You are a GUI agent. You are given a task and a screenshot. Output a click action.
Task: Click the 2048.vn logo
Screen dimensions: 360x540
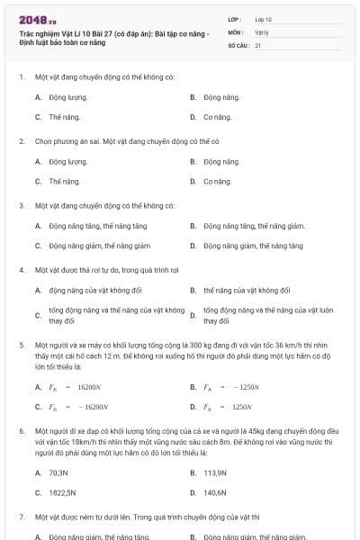click(x=38, y=19)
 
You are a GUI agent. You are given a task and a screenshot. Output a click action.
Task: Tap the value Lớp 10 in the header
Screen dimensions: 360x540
click(x=264, y=18)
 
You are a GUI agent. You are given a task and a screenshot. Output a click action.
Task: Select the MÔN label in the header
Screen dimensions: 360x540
click(x=236, y=31)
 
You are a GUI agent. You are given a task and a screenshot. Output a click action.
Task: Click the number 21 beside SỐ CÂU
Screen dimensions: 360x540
click(x=258, y=44)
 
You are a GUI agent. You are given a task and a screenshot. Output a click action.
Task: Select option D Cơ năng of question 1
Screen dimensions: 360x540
click(x=217, y=117)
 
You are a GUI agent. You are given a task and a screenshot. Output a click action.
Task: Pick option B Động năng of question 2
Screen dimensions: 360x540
click(x=221, y=161)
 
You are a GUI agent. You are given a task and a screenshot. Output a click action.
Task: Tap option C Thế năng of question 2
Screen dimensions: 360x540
click(x=65, y=181)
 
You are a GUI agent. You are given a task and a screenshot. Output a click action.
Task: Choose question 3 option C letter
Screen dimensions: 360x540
click(x=38, y=246)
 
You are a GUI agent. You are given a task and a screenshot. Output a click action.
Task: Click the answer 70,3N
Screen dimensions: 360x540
click(x=58, y=472)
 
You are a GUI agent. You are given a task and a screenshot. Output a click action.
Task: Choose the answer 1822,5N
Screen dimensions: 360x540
click(x=62, y=493)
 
